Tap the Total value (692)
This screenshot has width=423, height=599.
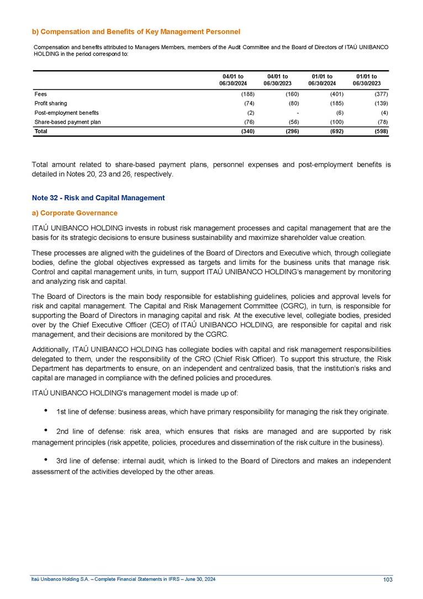tap(336, 132)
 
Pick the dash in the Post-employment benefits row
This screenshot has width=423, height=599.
tap(298, 113)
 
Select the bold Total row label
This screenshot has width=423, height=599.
tap(40, 132)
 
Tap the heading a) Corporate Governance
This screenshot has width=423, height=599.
tap(75, 212)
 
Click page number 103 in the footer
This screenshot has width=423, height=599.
tap(387, 579)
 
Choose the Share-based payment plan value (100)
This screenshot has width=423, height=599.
tap(336, 122)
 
